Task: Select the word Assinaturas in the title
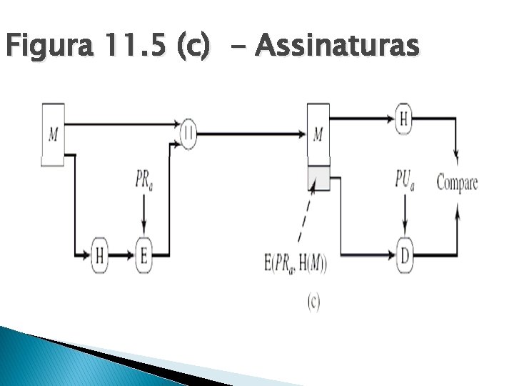coord(336,46)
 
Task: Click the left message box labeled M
coord(54,135)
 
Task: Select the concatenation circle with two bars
coord(188,133)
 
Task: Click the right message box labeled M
coord(318,135)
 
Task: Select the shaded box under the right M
coord(318,177)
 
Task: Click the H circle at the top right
coord(404,119)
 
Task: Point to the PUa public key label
coord(405,179)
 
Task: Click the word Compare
coord(457,182)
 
